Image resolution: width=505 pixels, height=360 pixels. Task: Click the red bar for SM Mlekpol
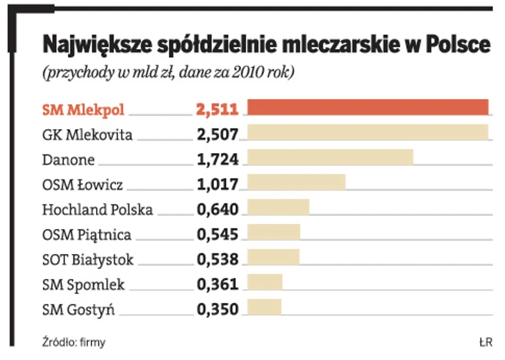[x=368, y=108]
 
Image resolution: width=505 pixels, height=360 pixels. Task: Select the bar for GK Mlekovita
[x=368, y=133]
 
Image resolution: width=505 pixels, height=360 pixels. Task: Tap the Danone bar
[x=331, y=157]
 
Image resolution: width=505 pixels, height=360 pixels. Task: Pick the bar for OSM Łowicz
[x=297, y=183]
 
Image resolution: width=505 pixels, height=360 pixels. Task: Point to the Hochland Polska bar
[x=279, y=208]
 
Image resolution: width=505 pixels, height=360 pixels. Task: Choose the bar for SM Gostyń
[x=265, y=307]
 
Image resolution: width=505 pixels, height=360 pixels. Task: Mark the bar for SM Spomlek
[x=265, y=282]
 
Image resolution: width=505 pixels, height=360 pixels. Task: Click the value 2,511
[x=217, y=110]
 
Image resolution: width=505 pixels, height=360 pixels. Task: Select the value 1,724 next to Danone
[x=217, y=159]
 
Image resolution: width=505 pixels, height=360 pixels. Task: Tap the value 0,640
[x=217, y=209]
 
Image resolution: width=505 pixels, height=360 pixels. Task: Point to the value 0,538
[x=217, y=259]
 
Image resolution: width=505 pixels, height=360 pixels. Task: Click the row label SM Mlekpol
[x=83, y=110]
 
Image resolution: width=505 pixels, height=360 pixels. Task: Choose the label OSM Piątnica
[x=87, y=235]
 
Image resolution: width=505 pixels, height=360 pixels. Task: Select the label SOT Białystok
[x=88, y=259]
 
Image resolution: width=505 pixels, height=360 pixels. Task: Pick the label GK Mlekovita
[x=87, y=134]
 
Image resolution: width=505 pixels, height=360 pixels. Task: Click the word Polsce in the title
[x=457, y=45]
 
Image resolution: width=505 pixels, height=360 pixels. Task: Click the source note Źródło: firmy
[x=73, y=342]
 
